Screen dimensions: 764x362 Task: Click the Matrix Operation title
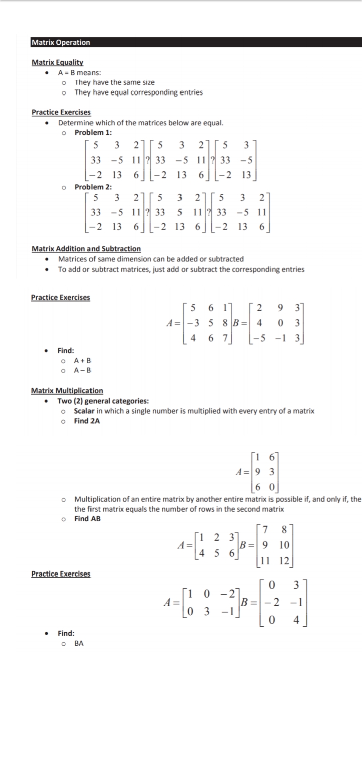61,43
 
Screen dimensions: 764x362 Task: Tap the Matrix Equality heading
57,62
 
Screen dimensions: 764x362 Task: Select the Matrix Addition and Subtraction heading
86,249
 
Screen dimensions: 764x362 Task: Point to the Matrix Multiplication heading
67,391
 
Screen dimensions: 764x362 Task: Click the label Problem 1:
93,132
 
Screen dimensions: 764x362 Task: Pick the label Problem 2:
93,187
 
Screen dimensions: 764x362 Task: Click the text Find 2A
87,421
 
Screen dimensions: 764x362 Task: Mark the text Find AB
87,519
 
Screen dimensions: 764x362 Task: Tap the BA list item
79,643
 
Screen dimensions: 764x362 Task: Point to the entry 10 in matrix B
283,545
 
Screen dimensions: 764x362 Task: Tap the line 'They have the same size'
115,82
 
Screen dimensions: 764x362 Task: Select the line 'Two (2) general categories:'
103,401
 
